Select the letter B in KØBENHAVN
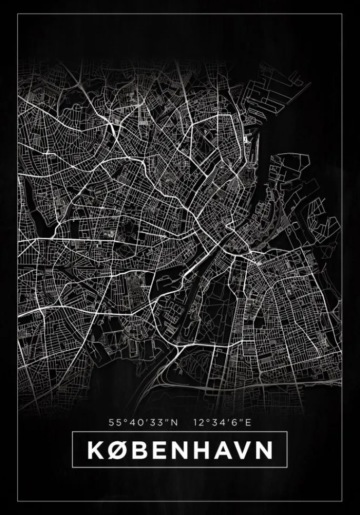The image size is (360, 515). click(139, 450)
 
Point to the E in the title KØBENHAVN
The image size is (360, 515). click(159, 450)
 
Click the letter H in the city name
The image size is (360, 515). click(202, 450)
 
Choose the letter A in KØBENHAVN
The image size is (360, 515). click(223, 450)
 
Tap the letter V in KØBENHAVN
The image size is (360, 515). click(243, 450)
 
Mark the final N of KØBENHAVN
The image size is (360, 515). click(264, 450)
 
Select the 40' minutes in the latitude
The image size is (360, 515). click(136, 422)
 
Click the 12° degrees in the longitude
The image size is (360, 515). click(201, 422)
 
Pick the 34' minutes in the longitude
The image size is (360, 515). click(219, 422)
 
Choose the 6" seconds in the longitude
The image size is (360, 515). click(235, 422)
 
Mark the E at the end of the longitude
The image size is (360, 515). click(248, 422)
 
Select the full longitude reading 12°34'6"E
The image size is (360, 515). click(222, 422)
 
